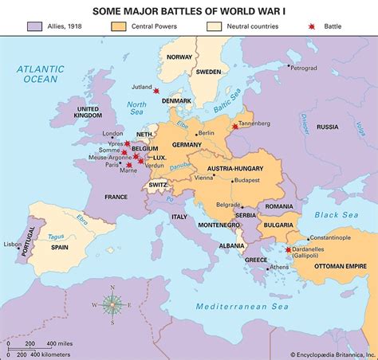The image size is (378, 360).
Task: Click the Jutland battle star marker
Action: coord(156,92)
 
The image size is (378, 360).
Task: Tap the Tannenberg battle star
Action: coord(234,127)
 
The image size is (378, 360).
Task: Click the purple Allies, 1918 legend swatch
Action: coord(34,27)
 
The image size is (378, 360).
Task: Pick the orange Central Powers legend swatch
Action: coord(119,27)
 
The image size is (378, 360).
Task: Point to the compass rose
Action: coord(112,303)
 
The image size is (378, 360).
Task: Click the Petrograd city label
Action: coord(303,68)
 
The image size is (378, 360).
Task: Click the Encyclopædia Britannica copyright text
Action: coord(326,354)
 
